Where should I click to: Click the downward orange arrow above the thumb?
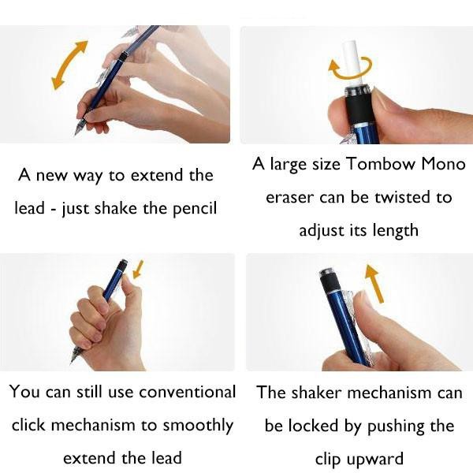click(x=139, y=270)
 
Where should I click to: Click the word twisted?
click(x=408, y=198)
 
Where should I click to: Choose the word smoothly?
click(x=198, y=425)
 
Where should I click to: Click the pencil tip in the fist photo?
click(x=74, y=359)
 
